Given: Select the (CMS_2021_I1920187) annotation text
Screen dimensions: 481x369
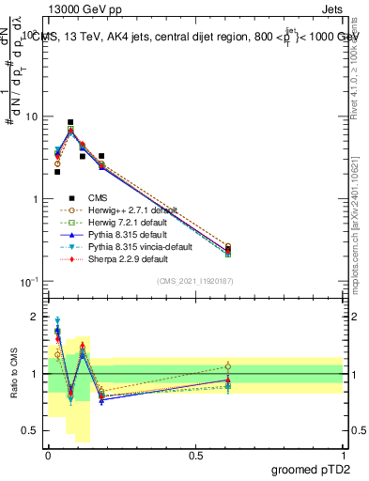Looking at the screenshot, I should (195, 281).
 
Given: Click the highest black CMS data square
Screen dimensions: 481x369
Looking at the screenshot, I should (70, 122).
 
